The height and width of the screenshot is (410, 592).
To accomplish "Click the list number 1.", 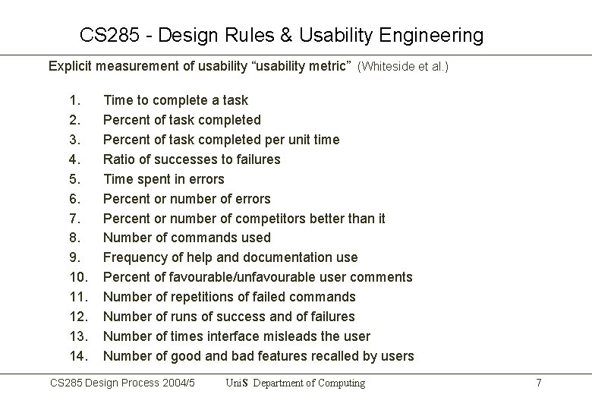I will [x=74, y=100].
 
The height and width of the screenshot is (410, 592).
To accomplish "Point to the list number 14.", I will [x=77, y=356].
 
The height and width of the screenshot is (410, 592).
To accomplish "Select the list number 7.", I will [x=74, y=219].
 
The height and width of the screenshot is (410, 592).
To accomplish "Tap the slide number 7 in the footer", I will [x=538, y=383].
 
